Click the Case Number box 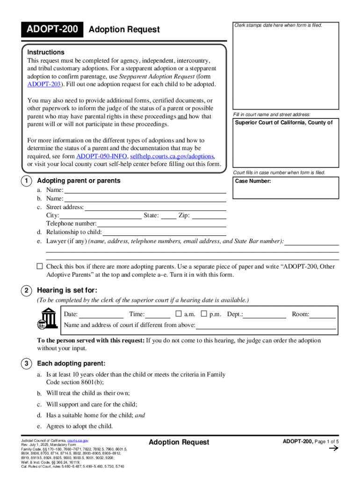286,188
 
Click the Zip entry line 209,216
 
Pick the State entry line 169,216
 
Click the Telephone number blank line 161,224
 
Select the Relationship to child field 164,232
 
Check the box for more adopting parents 40,266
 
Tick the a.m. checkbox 178,314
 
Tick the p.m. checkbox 204,314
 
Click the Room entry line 323,315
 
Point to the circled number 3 27,363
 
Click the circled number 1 27,181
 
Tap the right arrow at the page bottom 334,449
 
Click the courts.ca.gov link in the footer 78,441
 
